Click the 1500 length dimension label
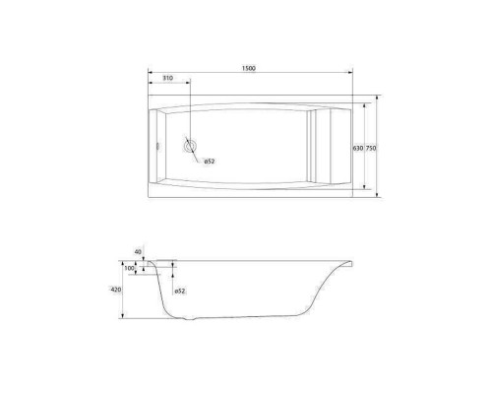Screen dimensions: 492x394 click(249, 68)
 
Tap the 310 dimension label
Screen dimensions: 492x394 click(167, 78)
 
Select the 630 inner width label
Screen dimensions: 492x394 click(358, 148)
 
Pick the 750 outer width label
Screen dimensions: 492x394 click(371, 148)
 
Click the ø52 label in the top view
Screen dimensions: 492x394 click(210, 162)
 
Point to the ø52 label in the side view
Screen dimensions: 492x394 click(180, 291)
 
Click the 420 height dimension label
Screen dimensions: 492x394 click(116, 290)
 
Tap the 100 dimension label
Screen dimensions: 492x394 click(130, 268)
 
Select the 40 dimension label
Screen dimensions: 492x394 click(138, 252)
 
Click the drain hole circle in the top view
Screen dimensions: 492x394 click(190, 146)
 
